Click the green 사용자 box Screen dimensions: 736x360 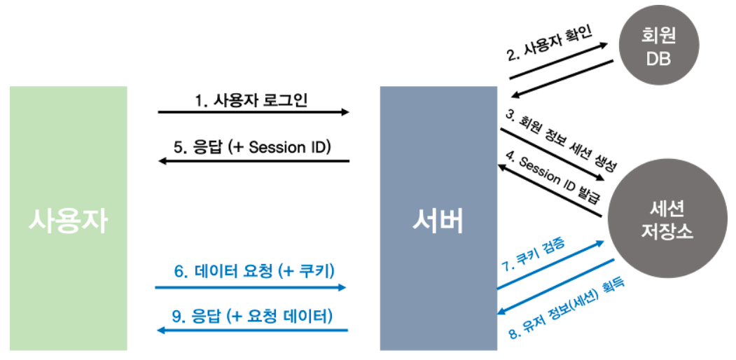pos(69,218)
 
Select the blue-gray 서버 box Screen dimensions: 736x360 pos(438,218)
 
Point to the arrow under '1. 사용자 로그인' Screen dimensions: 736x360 pos(253,112)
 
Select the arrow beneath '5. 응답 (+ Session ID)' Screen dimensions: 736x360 pos(253,161)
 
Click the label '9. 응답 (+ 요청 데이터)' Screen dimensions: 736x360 pos(251,316)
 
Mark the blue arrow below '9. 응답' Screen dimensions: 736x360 pos(251,330)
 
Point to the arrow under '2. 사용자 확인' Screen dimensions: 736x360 pos(558,62)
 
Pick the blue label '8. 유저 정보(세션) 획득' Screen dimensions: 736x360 pos(565,308)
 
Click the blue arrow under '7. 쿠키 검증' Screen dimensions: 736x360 pos(550,265)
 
